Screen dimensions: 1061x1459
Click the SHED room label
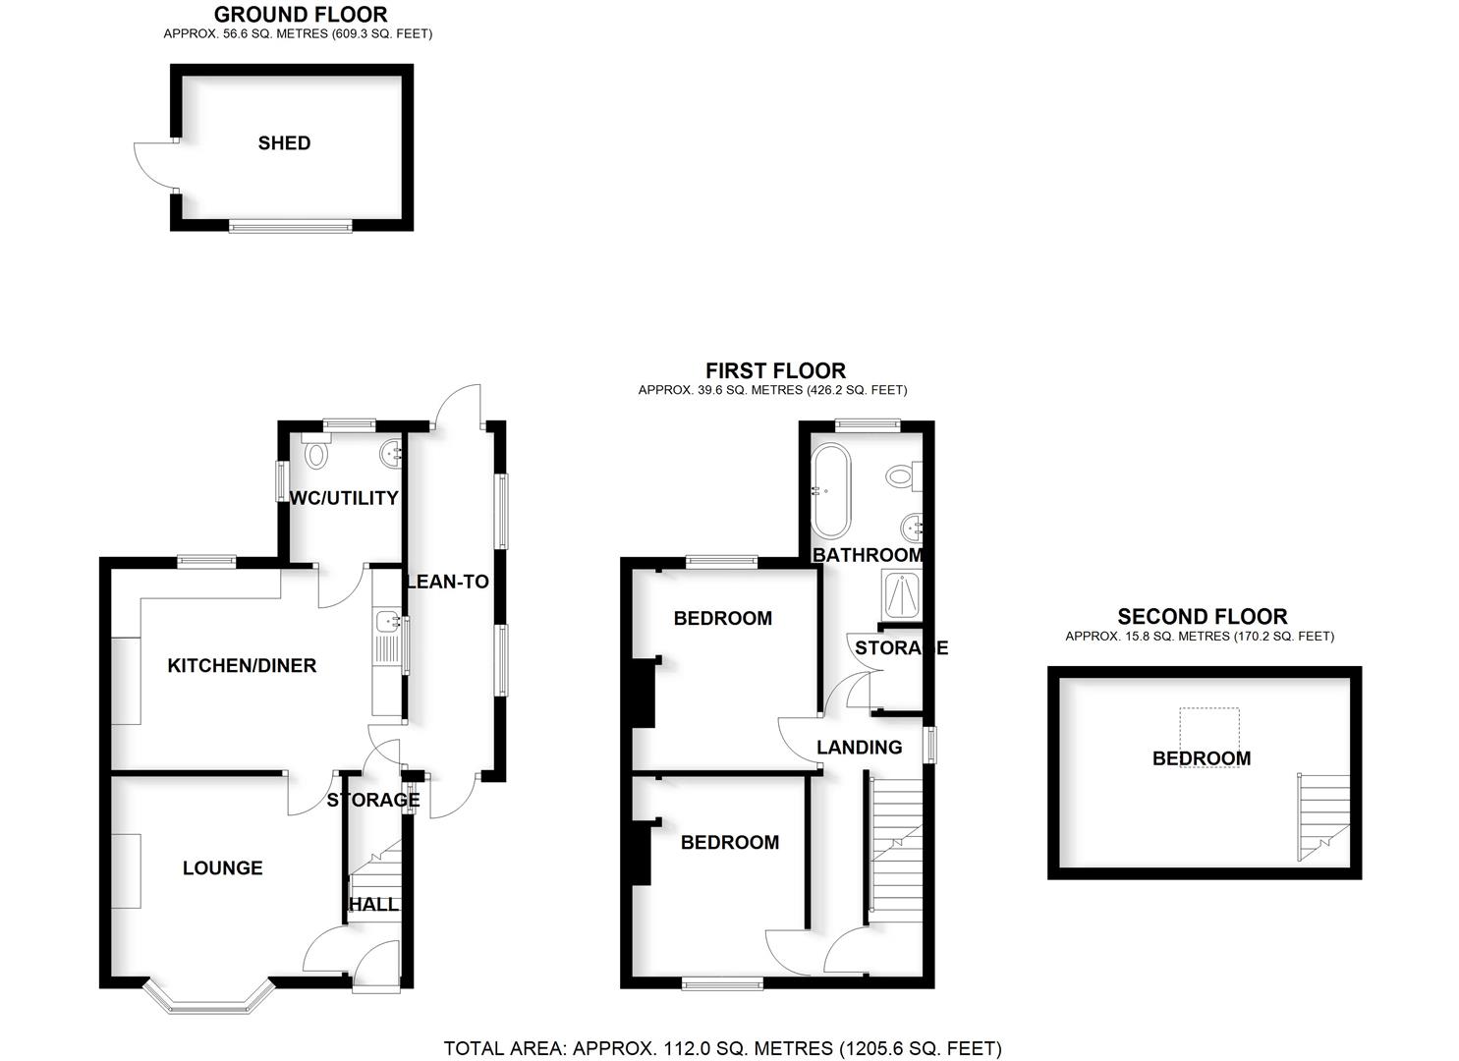[284, 143]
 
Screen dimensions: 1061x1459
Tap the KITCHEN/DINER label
[242, 666]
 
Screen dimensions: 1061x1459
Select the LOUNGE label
[223, 868]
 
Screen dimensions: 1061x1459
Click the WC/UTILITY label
[344, 498]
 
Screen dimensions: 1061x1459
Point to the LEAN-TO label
[448, 582]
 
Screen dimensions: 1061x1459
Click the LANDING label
[859, 748]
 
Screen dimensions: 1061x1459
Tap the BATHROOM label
[868, 555]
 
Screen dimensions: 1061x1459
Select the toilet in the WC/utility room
[316, 454]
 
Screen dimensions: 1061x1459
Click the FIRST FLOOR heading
[775, 371]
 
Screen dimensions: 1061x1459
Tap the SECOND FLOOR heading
[1202, 617]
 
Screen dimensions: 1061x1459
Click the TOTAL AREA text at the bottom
[722, 1048]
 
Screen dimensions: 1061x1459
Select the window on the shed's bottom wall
[290, 227]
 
